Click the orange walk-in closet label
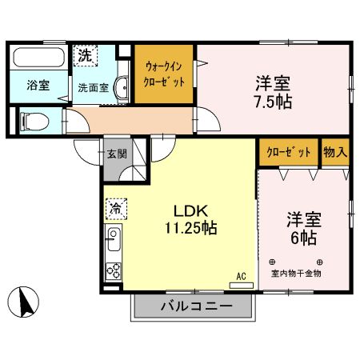165,75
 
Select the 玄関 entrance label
115,153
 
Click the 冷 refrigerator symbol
114,207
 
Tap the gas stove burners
114,270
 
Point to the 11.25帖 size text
191,228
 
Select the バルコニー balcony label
196,306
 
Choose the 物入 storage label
334,153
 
